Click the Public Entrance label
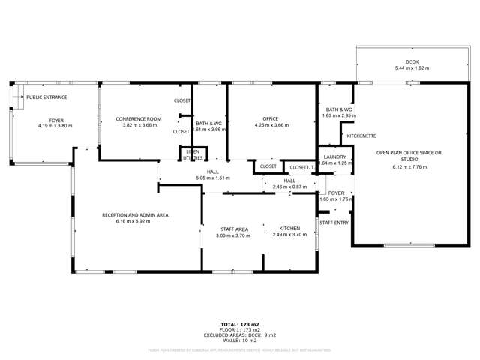46,97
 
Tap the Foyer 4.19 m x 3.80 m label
56,120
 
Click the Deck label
412,63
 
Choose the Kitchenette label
361,136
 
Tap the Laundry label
334,157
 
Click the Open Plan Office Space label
409,156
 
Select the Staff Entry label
334,223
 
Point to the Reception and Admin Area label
135,215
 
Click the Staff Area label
235,229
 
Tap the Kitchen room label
289,229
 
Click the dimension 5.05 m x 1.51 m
212,178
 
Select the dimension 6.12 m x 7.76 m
409,167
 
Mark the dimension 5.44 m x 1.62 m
412,69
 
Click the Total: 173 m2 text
240,325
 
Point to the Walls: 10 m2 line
240,340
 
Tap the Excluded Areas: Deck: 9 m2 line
240,335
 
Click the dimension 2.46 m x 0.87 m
289,187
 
